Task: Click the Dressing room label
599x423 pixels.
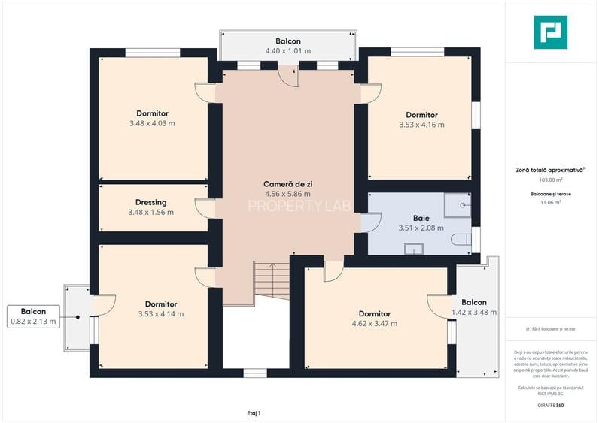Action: [x=151, y=202]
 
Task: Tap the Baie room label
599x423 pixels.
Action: [x=421, y=218]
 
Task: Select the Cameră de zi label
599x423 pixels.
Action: [x=287, y=184]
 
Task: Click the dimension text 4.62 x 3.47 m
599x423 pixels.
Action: [x=374, y=324]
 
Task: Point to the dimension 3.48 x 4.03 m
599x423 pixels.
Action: [x=152, y=123]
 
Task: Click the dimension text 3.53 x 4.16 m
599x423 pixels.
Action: [x=421, y=125]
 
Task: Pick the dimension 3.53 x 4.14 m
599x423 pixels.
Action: [x=161, y=314]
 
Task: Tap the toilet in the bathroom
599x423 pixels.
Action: [x=463, y=240]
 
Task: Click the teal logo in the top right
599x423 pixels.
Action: [x=550, y=32]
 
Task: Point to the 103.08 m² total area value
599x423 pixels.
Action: [x=551, y=180]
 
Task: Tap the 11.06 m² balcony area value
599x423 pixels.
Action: [x=551, y=202]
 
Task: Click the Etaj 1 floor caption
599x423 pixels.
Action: [x=254, y=413]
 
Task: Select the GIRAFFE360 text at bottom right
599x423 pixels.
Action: [x=550, y=406]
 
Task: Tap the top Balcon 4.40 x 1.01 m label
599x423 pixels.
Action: [x=288, y=46]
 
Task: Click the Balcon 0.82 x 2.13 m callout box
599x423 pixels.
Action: [x=33, y=316]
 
